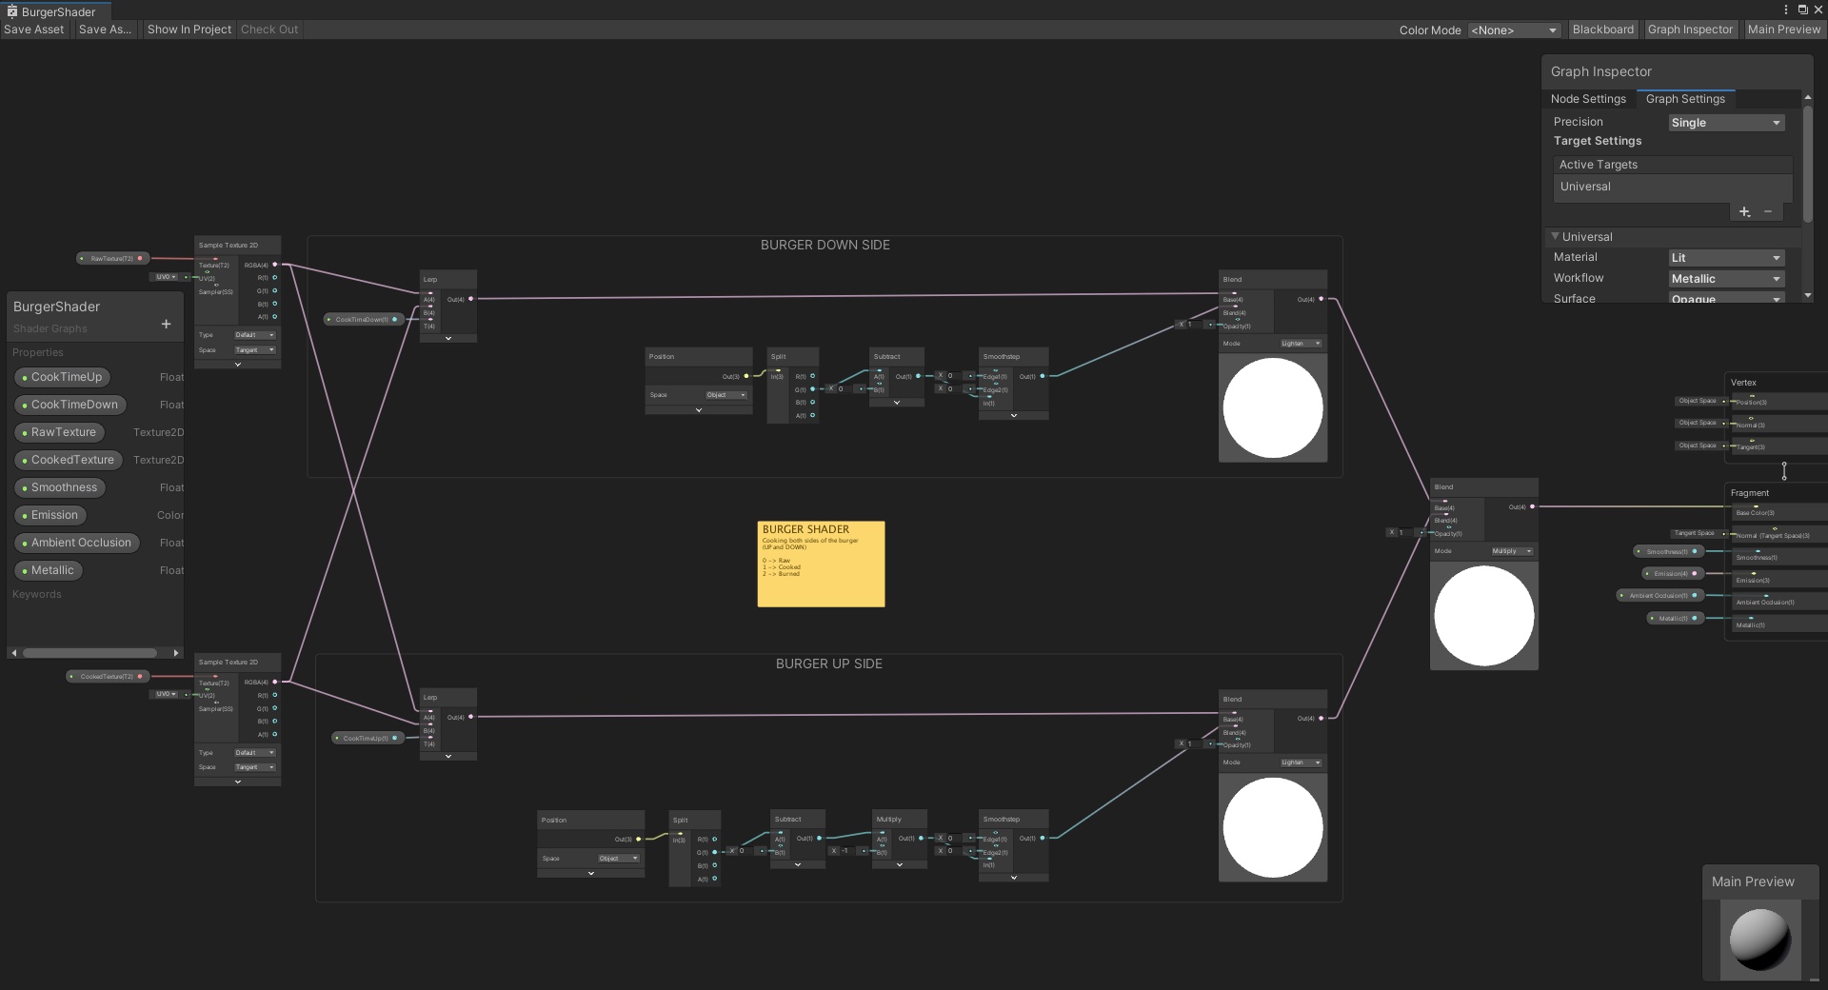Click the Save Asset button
[x=34, y=30]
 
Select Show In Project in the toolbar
[x=189, y=30]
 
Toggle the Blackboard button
[x=1602, y=30]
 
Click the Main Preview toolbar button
[x=1783, y=30]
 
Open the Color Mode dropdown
[x=1513, y=30]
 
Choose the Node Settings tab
[x=1588, y=99]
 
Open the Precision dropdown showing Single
[x=1725, y=123]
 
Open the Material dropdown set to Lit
[x=1725, y=258]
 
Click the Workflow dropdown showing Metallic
[x=1725, y=279]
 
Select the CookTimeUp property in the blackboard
[x=66, y=377]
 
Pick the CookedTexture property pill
[x=71, y=460]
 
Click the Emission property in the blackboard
[x=54, y=515]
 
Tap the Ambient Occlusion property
[x=80, y=543]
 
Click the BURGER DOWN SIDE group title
[x=825, y=245]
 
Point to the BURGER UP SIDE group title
[x=828, y=663]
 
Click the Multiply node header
[x=899, y=819]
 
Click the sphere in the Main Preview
[x=1759, y=939]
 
